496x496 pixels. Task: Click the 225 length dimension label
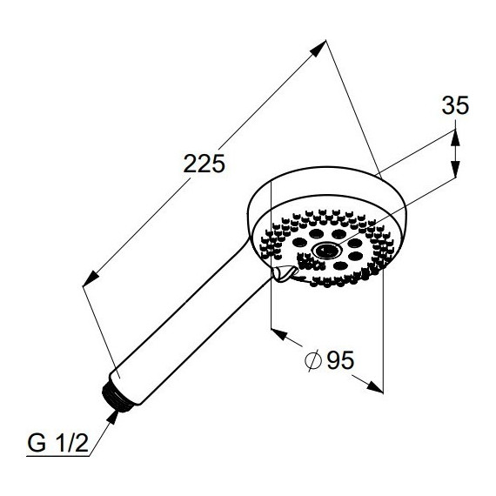click(204, 164)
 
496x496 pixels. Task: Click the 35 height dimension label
click(455, 105)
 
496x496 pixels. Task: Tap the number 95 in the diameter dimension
click(340, 360)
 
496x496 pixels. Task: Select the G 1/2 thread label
click(57, 443)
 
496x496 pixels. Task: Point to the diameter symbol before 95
click(313, 360)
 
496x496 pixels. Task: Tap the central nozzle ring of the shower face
click(327, 251)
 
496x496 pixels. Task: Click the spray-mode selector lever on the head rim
click(285, 272)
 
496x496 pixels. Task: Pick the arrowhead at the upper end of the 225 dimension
click(318, 48)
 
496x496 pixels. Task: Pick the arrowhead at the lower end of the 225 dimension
click(90, 278)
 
